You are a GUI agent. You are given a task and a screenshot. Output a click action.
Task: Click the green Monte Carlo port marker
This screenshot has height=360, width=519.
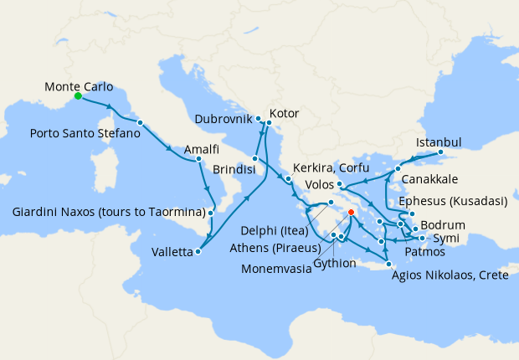pyautogui.click(x=77, y=96)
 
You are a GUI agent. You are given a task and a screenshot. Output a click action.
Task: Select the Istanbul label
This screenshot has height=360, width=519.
pyautogui.click(x=439, y=141)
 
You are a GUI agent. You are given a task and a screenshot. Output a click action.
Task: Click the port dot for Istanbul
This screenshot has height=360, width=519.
pyautogui.click(x=440, y=153)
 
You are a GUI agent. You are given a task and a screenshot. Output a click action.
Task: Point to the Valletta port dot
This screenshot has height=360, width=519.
pyautogui.click(x=198, y=251)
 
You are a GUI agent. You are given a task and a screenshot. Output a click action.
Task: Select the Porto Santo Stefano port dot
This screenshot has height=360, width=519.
pyautogui.click(x=140, y=123)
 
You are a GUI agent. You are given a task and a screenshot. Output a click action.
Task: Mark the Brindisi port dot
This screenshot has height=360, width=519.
pyautogui.click(x=254, y=157)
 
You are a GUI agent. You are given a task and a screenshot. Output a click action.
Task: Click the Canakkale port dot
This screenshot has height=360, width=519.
pyautogui.click(x=398, y=170)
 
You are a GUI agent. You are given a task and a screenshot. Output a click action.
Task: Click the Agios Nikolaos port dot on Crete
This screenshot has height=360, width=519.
pyautogui.click(x=388, y=265)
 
